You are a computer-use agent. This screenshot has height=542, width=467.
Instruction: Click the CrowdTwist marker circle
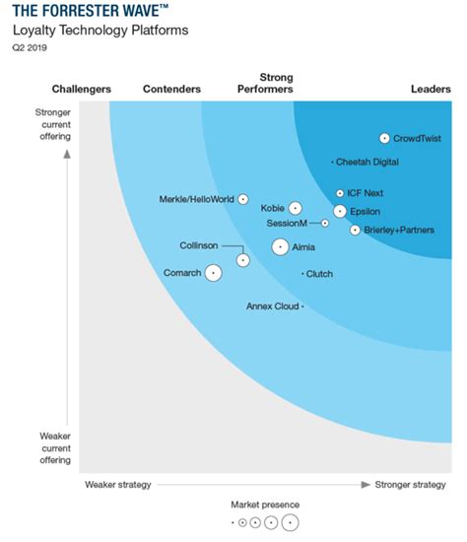[x=384, y=139]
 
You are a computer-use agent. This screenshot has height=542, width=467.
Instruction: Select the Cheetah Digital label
[x=367, y=162]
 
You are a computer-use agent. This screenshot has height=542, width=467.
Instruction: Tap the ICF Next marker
[x=340, y=194]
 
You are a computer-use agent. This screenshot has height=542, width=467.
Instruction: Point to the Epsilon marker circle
[x=340, y=211]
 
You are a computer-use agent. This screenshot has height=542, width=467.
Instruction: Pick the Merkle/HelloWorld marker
[x=243, y=199]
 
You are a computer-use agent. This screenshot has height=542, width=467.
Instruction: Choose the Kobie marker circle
[x=295, y=208]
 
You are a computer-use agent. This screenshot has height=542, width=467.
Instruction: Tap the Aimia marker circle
[x=281, y=247]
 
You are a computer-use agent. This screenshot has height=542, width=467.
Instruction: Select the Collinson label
[x=199, y=245]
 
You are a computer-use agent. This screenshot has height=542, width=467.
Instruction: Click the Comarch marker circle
[x=213, y=272]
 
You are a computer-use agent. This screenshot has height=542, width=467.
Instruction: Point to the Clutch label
[x=319, y=274]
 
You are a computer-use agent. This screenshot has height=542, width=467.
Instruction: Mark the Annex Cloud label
[x=272, y=306]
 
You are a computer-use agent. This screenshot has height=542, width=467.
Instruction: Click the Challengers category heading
[x=81, y=90]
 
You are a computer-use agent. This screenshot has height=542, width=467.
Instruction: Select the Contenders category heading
[x=171, y=90]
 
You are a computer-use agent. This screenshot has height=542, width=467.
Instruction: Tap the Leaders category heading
[x=431, y=90]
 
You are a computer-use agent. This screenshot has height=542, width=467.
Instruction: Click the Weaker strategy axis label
[x=117, y=484]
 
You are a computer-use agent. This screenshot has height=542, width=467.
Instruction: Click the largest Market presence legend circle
[x=289, y=522]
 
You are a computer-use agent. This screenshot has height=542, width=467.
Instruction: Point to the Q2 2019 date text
[x=31, y=46]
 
